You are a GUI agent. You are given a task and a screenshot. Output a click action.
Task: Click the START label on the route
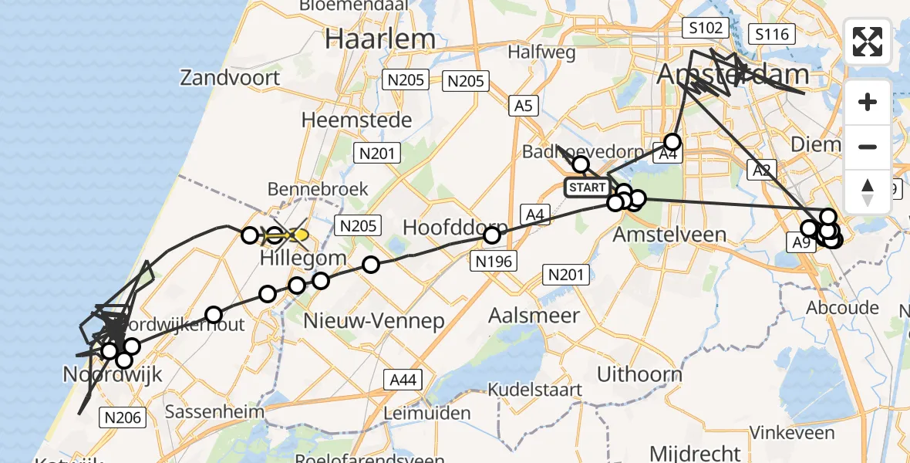pos(587,188)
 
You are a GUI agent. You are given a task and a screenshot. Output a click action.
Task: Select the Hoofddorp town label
pos(454,228)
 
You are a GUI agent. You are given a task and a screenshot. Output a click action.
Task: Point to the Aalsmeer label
pos(534,315)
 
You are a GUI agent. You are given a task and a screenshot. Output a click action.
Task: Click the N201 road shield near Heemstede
pos(377,154)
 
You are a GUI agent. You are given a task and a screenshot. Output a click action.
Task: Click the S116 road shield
pos(772,34)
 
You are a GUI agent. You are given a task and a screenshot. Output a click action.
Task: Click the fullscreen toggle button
pos(868,42)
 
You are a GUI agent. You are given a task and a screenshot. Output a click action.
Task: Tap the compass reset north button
pos(868,192)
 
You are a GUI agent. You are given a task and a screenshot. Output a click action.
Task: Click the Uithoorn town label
pos(639,375)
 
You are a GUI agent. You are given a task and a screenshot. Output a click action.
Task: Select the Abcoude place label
pos(842,308)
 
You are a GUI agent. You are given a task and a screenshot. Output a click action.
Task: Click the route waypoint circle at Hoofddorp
pos(492,235)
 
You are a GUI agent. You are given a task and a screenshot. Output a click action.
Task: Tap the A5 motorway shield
pos(523,106)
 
